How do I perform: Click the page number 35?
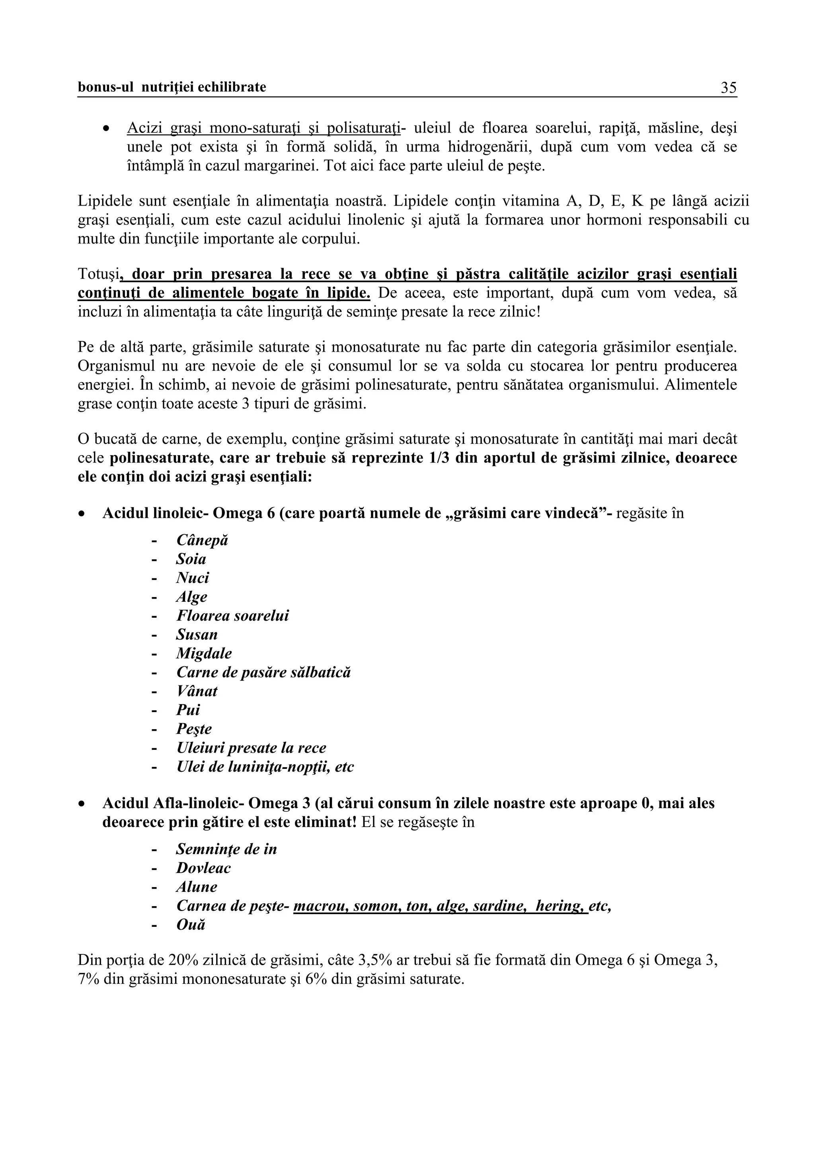pyautogui.click(x=728, y=88)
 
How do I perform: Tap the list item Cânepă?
pyautogui.click(x=202, y=540)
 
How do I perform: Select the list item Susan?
pyautogui.click(x=197, y=635)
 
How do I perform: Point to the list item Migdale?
pyautogui.click(x=204, y=654)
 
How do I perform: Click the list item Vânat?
pyautogui.click(x=197, y=691)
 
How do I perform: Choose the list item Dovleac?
pyautogui.click(x=203, y=868)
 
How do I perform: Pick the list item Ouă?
pyautogui.click(x=191, y=925)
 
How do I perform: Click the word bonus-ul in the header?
pyautogui.click(x=106, y=88)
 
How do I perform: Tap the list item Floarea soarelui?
pyautogui.click(x=232, y=616)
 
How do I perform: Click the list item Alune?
pyautogui.click(x=196, y=887)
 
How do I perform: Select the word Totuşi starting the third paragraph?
pyautogui.click(x=98, y=274)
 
